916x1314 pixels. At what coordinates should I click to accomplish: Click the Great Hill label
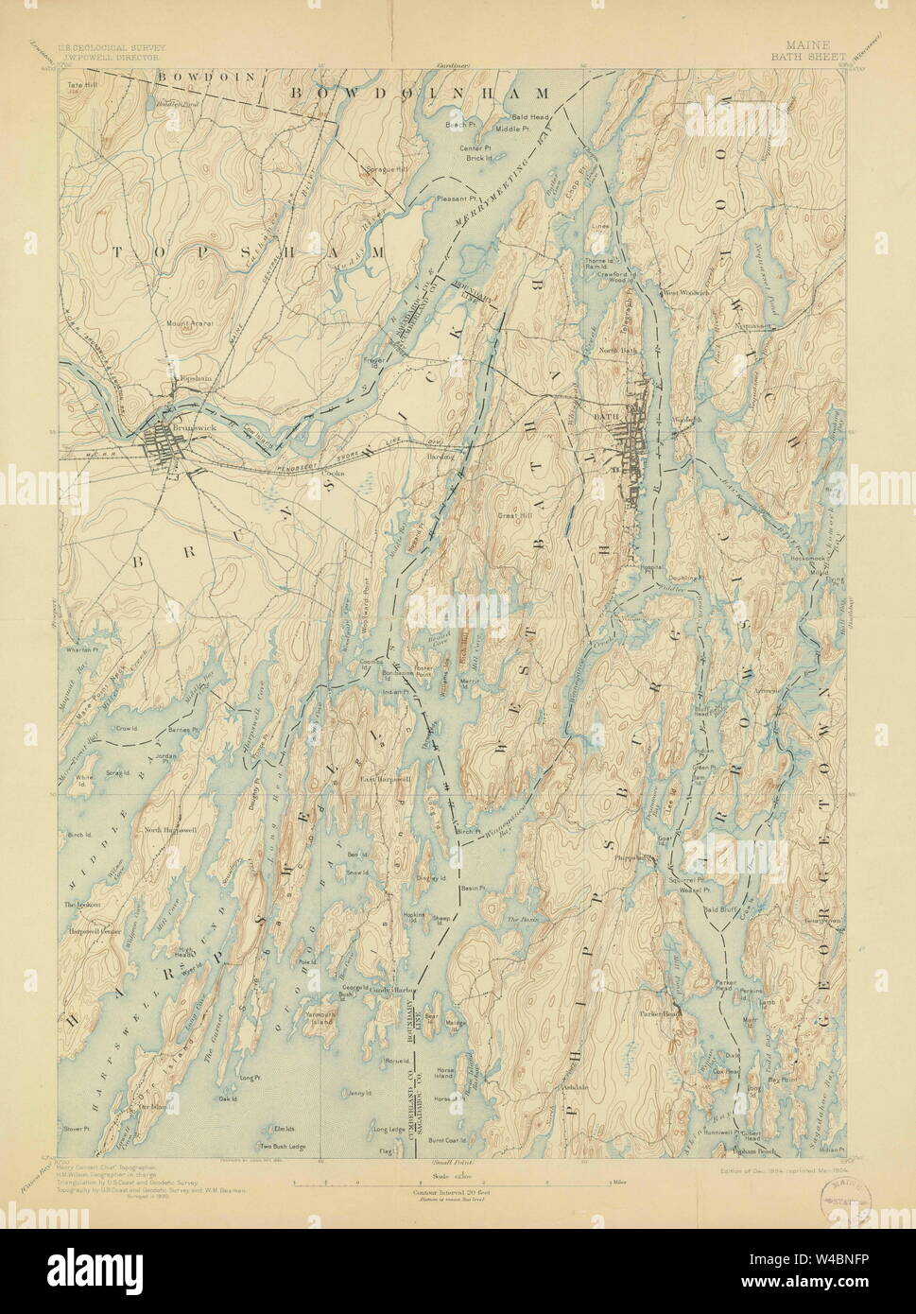coord(514,515)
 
